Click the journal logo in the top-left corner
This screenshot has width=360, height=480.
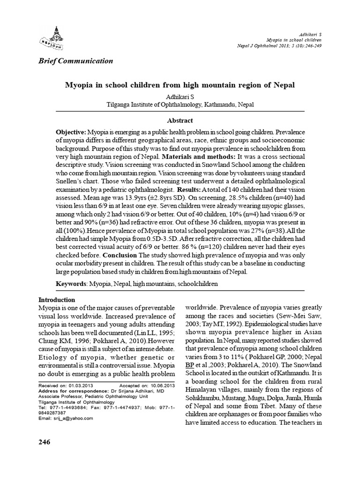coord(52,33)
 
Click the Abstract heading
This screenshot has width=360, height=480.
coord(180,120)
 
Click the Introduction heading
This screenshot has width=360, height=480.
coord(56,300)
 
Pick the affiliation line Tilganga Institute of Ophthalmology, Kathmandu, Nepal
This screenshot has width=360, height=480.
coord(180,105)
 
